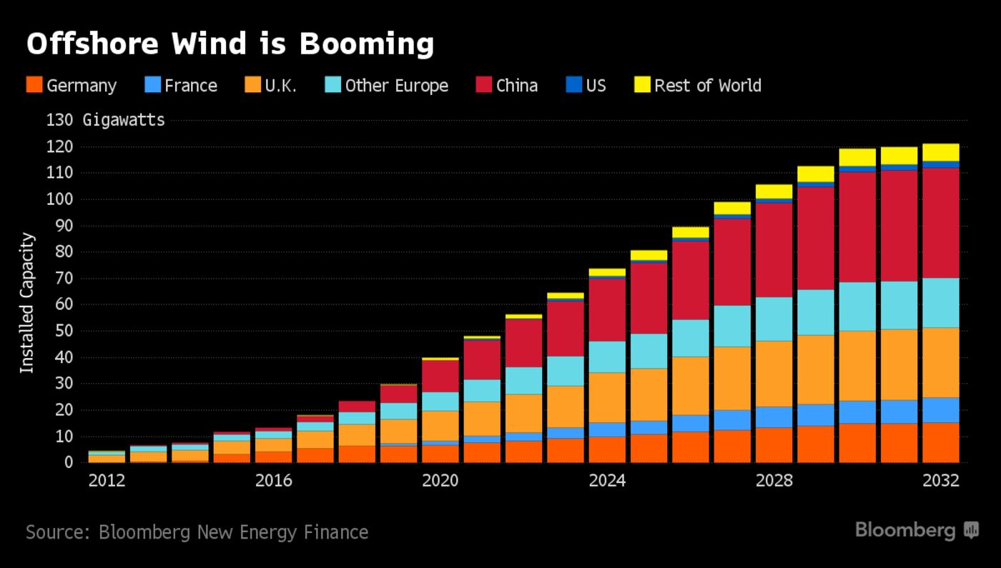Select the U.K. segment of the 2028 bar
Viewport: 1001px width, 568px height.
[774, 374]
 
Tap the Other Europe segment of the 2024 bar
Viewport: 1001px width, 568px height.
[607, 357]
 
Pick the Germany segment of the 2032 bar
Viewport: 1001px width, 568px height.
[941, 442]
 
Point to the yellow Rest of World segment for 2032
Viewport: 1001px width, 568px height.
[941, 152]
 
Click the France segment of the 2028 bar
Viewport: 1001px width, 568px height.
[774, 417]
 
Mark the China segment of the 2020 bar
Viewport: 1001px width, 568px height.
[440, 376]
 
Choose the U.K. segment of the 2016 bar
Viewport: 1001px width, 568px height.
[274, 444]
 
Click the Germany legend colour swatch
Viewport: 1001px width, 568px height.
[34, 85]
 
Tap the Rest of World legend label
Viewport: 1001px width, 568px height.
[707, 86]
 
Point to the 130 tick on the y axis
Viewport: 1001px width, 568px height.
[59, 120]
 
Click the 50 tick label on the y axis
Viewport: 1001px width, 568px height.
[64, 331]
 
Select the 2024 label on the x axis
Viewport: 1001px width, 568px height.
[607, 481]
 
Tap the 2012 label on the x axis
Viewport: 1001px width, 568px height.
[107, 481]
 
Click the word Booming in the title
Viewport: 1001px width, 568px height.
[367, 44]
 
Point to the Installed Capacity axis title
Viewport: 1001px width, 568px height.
[27, 302]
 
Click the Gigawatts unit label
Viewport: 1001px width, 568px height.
[124, 120]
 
